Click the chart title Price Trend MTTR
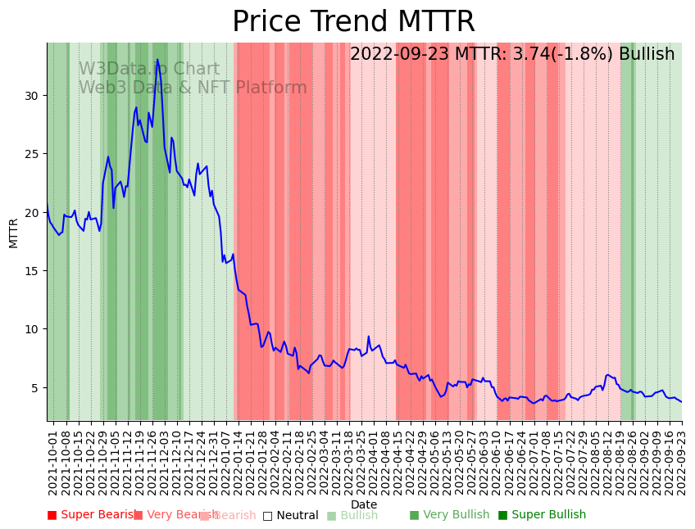[353, 22]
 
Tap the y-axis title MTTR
[14, 233]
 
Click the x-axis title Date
[364, 504]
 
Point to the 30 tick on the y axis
[33, 95]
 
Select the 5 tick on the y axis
[36, 387]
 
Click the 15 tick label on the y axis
[33, 271]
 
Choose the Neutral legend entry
[290, 516]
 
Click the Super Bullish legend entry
[542, 515]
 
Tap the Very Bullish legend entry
[449, 515]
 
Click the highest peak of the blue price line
[157, 60]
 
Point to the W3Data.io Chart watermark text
[148, 70]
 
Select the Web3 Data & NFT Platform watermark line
[193, 88]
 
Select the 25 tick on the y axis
[33, 154]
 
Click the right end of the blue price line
[681, 401]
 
